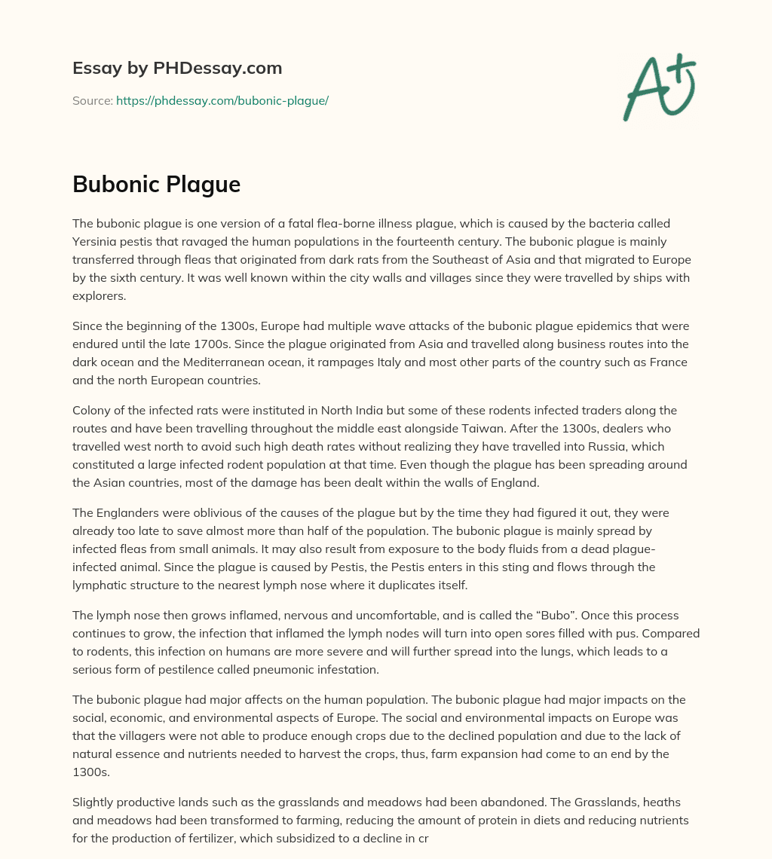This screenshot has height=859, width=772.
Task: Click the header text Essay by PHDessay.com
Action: [x=177, y=68]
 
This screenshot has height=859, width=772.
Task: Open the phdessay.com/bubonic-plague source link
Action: [x=222, y=100]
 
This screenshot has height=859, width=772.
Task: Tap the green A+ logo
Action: [x=659, y=87]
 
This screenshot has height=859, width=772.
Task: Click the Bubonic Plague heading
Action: [x=156, y=183]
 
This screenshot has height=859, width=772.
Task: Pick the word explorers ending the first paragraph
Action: [x=98, y=295]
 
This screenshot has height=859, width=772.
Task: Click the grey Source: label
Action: [x=92, y=100]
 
